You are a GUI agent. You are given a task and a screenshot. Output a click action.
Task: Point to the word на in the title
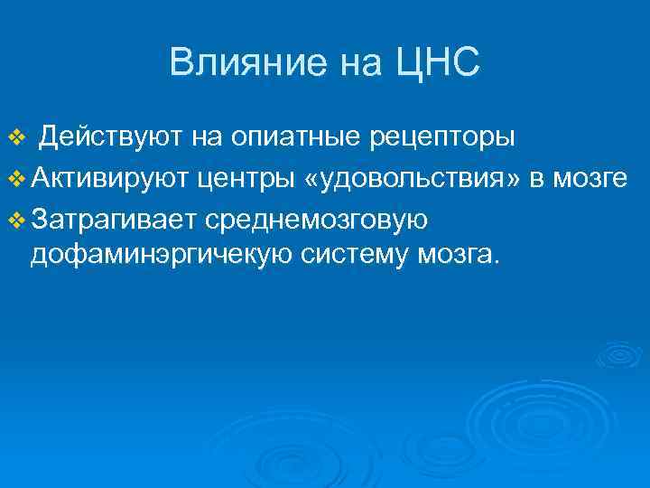[x=358, y=63]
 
